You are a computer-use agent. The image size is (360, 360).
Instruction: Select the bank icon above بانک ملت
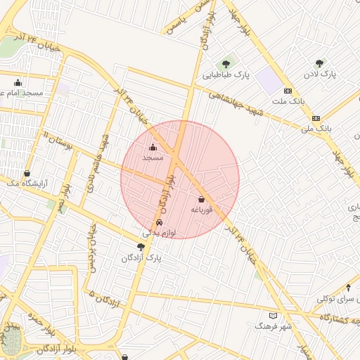[x=288, y=91]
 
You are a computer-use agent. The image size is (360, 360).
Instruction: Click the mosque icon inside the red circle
[x=153, y=147]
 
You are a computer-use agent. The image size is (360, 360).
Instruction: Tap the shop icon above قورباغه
[x=202, y=199]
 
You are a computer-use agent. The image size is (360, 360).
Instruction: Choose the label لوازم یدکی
[x=159, y=232]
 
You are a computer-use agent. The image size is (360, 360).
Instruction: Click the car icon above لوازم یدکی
[x=159, y=222]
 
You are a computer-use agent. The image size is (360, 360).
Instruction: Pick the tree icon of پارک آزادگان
[x=141, y=247]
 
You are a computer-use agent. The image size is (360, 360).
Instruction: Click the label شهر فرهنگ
[x=273, y=327]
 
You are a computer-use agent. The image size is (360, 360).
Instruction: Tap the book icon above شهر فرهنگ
[x=274, y=316]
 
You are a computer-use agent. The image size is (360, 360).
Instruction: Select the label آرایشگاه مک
[x=25, y=183]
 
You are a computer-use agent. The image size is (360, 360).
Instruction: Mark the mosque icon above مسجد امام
[x=18, y=82]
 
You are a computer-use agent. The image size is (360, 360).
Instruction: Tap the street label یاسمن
[x=176, y=23]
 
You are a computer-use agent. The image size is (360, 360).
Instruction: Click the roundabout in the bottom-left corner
[x=11, y=342]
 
